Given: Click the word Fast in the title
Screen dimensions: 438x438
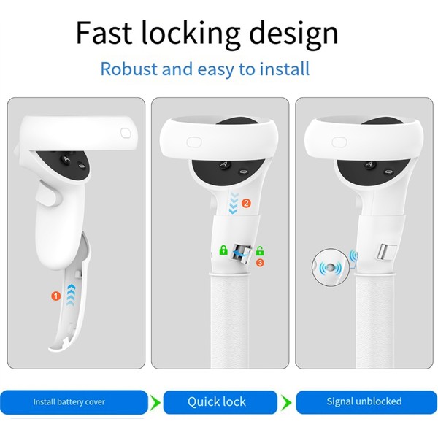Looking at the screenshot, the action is point(104,33).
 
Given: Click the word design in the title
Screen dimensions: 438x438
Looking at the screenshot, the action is point(293,34).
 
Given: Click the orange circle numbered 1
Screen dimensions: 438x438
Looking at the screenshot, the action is point(56,296).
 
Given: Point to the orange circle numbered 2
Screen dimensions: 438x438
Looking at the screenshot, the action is point(246,203).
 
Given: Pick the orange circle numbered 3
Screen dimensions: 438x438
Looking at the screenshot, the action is point(260,263).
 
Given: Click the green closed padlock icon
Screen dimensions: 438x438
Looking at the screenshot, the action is point(223,250).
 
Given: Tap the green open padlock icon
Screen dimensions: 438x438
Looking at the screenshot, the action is point(260,250).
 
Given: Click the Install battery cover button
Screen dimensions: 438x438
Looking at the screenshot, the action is point(74,402).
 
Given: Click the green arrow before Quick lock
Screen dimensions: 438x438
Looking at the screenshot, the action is point(155,402).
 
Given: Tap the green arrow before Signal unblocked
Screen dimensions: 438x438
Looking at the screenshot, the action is point(286,402).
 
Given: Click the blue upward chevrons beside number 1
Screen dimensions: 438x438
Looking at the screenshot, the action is point(71,296).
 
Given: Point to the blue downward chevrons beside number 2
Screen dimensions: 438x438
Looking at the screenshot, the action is point(234,203).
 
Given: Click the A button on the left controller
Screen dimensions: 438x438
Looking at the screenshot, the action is point(66,159).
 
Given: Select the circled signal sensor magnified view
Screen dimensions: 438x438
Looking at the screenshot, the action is point(331,267).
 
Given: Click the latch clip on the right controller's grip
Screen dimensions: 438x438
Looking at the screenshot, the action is point(386,251).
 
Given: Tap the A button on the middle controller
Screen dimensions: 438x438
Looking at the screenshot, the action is point(223,164).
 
